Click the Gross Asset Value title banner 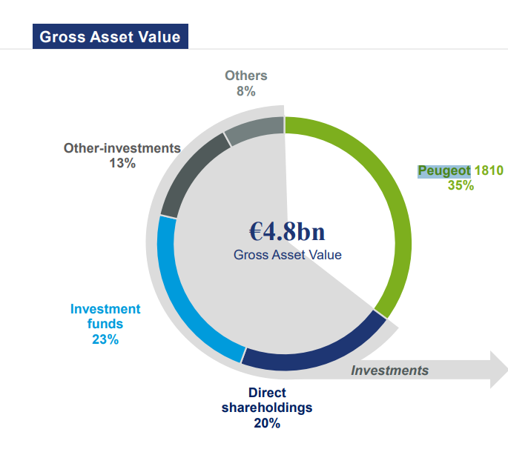(110, 36)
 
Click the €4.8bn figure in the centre (287, 231)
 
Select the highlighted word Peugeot (444, 171)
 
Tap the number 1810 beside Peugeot (489, 171)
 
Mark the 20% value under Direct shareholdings (267, 424)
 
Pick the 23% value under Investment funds (105, 339)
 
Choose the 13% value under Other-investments (122, 163)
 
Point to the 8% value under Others (245, 91)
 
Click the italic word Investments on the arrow (390, 370)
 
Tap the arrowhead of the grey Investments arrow (497, 369)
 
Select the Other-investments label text (122, 148)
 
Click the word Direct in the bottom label (267, 393)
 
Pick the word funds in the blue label (105, 324)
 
